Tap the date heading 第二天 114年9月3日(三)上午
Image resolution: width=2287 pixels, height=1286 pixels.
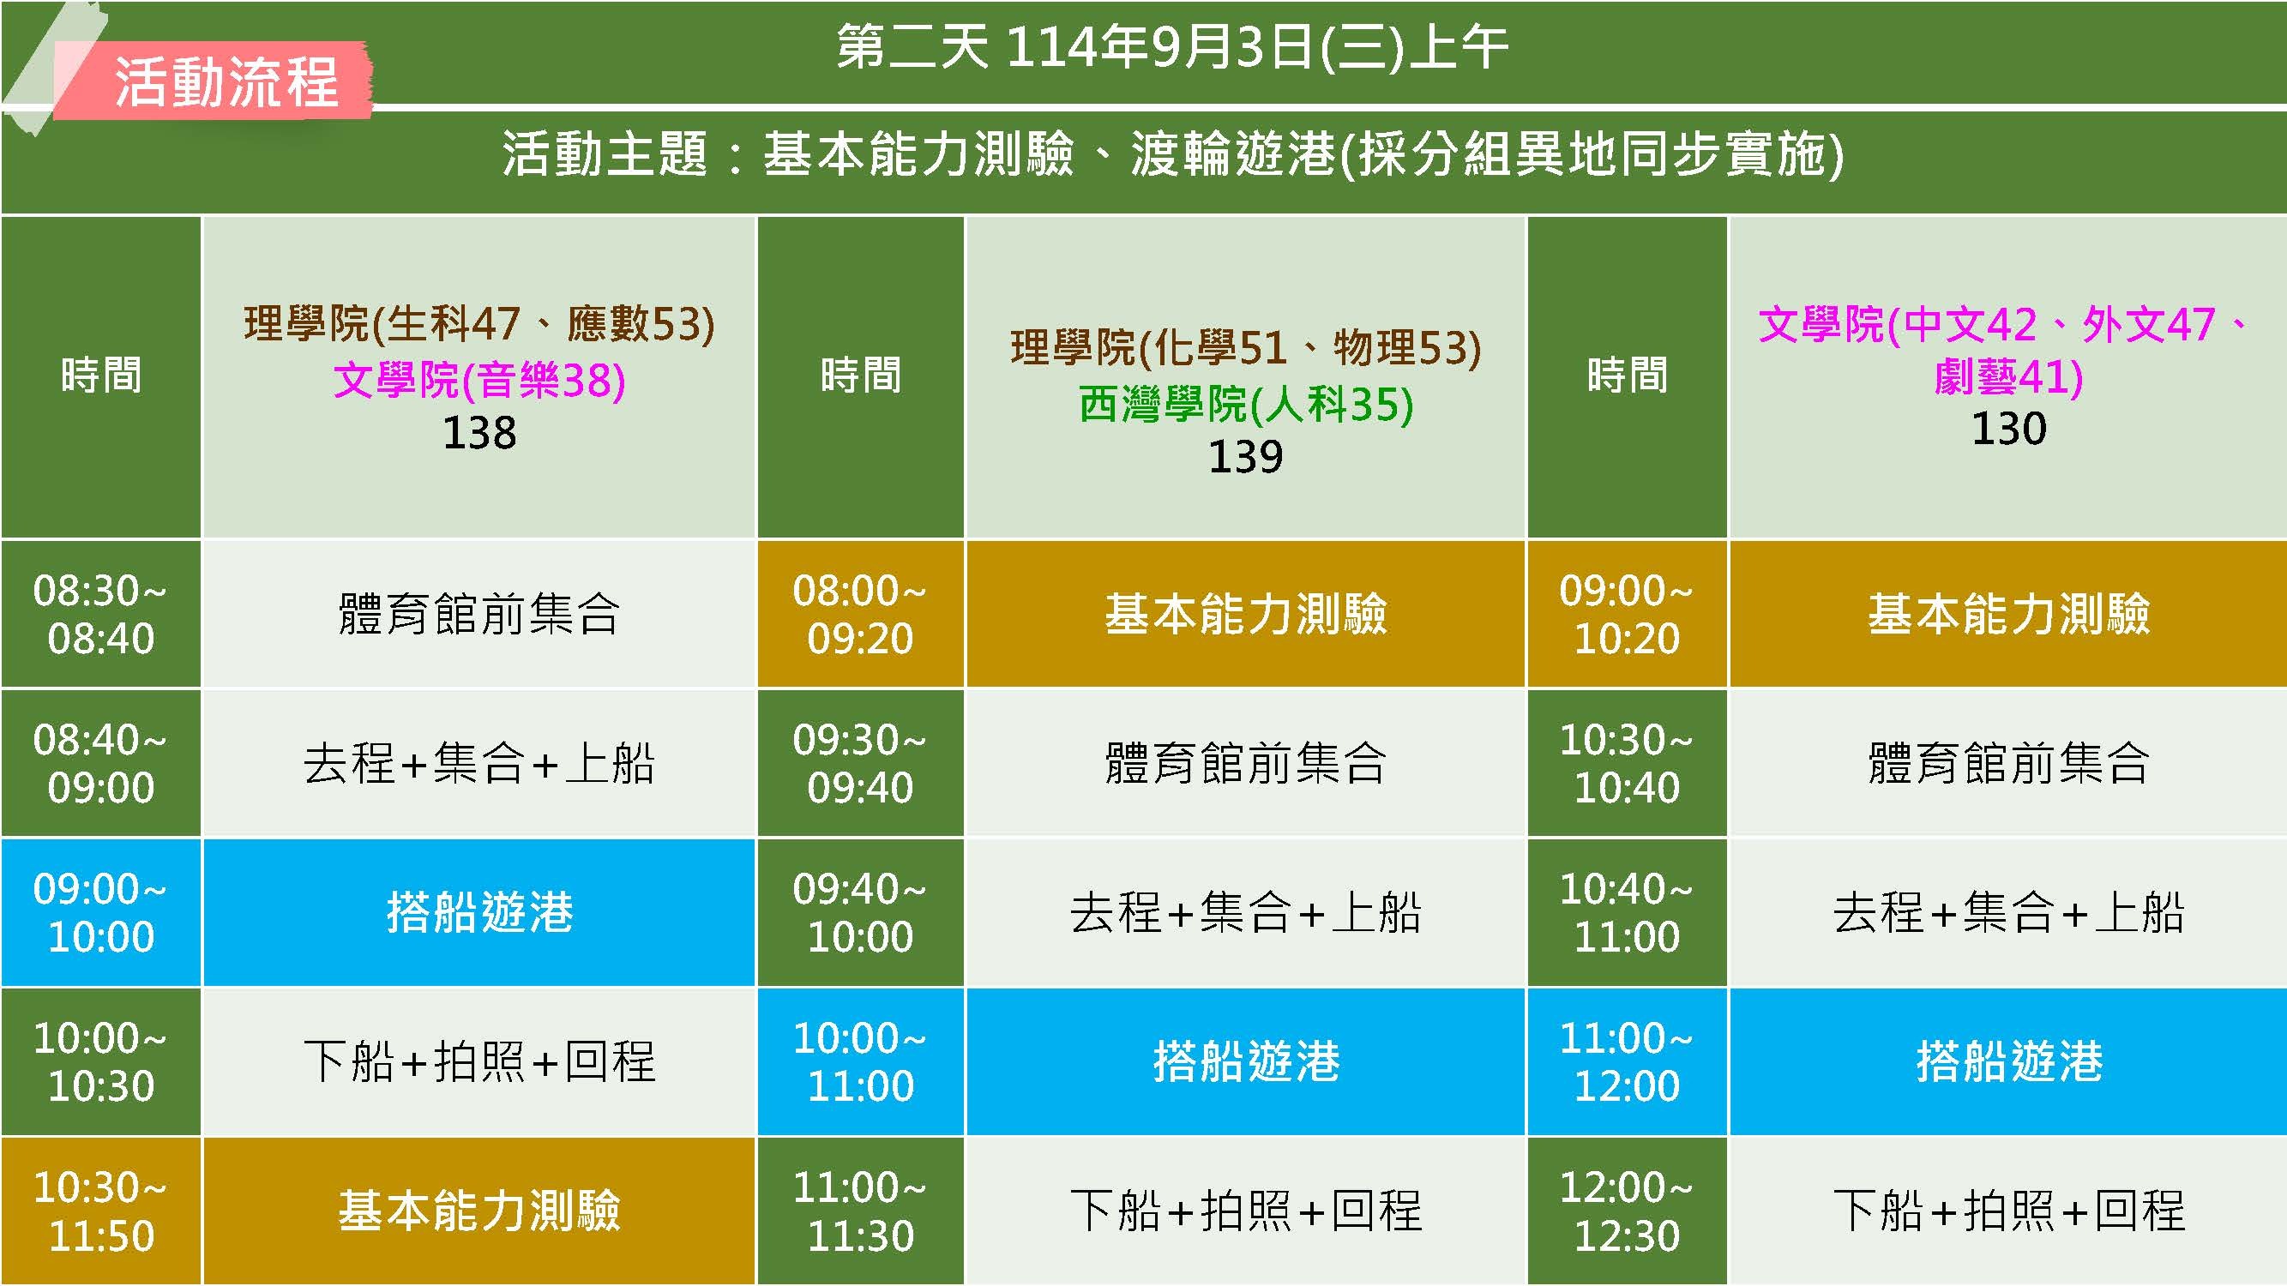1172,46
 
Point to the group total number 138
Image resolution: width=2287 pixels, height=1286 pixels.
479,433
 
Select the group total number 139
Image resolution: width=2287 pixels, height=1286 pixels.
1246,457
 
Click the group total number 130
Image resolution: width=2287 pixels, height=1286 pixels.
2008,429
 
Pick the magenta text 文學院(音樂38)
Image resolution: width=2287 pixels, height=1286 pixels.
479,380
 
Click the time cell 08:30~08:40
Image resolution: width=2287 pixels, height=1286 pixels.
101,614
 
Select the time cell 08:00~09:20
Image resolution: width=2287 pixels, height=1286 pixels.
860,614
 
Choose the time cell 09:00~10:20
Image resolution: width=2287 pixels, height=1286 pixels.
1628,614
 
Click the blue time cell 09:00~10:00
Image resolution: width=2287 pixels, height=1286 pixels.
101,912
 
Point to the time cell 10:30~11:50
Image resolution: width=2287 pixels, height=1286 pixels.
101,1211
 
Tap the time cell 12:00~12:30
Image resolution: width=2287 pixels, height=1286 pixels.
1628,1211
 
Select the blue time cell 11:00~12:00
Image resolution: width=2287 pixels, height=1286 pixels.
1628,1061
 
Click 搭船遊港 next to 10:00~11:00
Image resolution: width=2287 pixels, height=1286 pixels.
1246,1061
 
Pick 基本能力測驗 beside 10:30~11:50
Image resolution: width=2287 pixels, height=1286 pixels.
479,1211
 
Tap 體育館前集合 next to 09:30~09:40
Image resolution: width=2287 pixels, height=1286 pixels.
1246,763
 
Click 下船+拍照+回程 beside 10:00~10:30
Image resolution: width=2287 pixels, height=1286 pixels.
479,1061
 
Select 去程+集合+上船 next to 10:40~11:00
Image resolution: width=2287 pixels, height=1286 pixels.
2008,912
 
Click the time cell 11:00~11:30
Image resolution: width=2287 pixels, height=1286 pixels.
860,1211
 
